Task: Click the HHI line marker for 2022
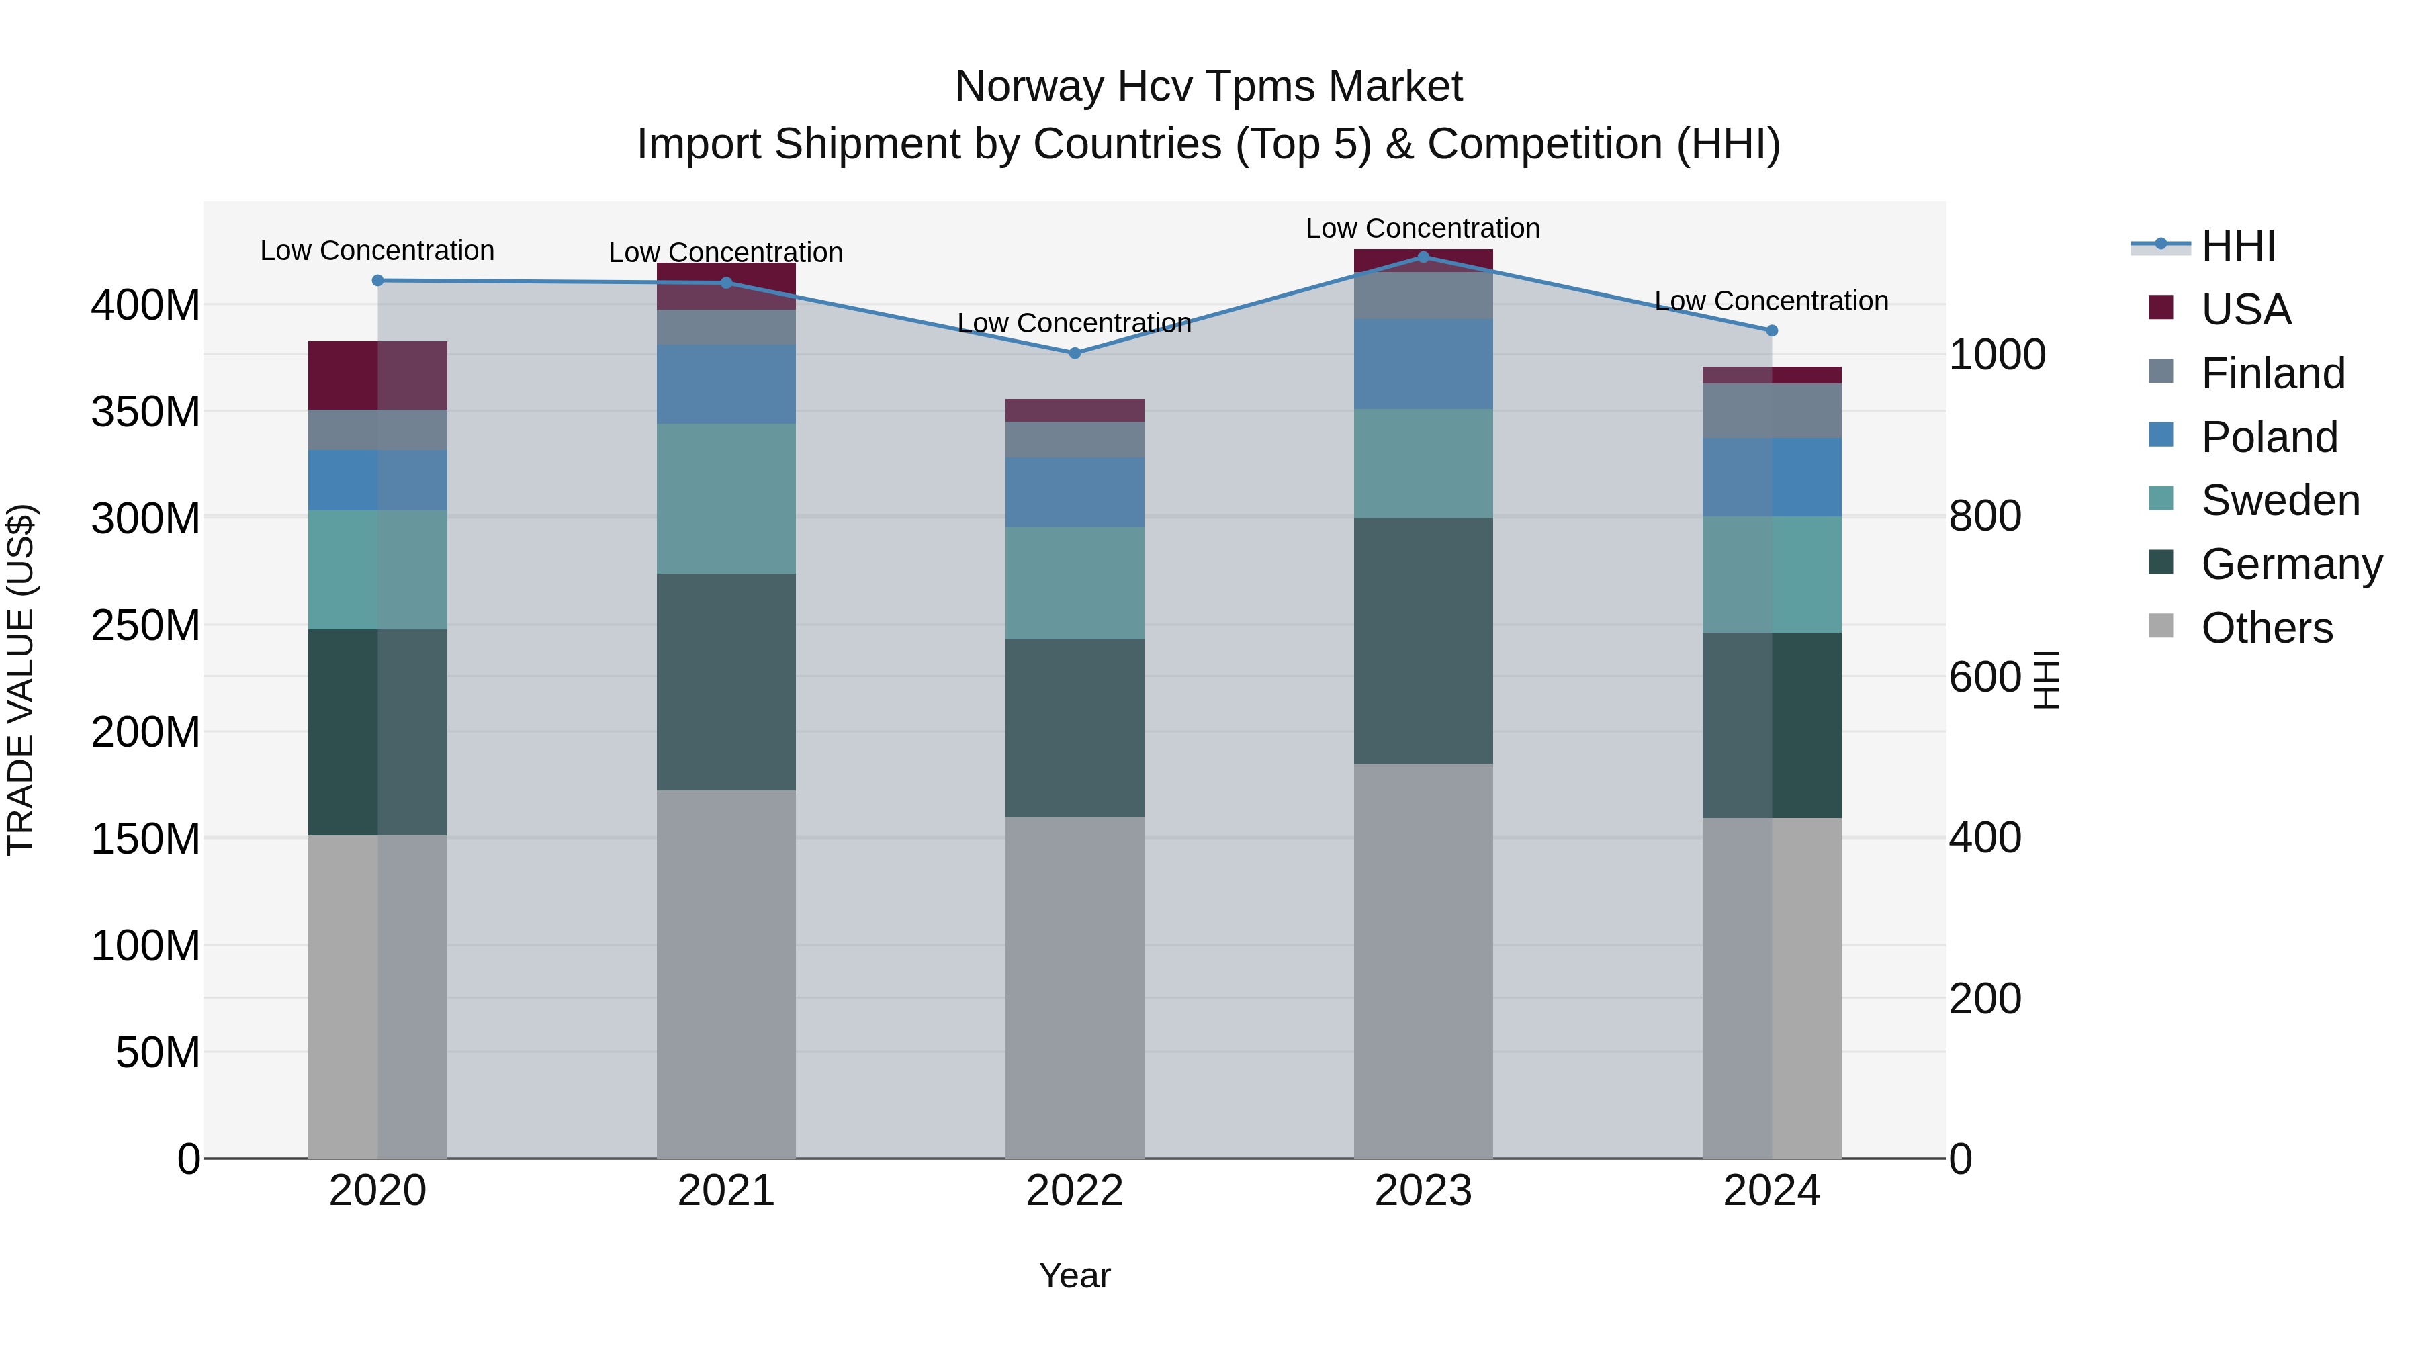[x=1075, y=353]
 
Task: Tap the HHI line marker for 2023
[x=1423, y=257]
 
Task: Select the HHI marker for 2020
[x=377, y=281]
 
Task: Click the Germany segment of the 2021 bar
[x=725, y=682]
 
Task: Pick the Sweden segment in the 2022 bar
[x=1075, y=583]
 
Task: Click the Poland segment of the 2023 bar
[x=1423, y=364]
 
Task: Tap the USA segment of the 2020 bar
[x=377, y=375]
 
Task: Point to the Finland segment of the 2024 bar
[x=1771, y=410]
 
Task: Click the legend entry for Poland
[x=2269, y=437]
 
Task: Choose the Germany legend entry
[x=2291, y=564]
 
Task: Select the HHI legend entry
[x=2238, y=246]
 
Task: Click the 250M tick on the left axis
[x=146, y=625]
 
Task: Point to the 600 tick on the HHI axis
[x=1984, y=677]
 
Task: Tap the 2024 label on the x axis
[x=1771, y=1191]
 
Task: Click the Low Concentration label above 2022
[x=1074, y=323]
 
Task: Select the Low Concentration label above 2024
[x=1771, y=302]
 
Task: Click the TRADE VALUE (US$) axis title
[x=21, y=680]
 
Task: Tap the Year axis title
[x=1075, y=1275]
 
